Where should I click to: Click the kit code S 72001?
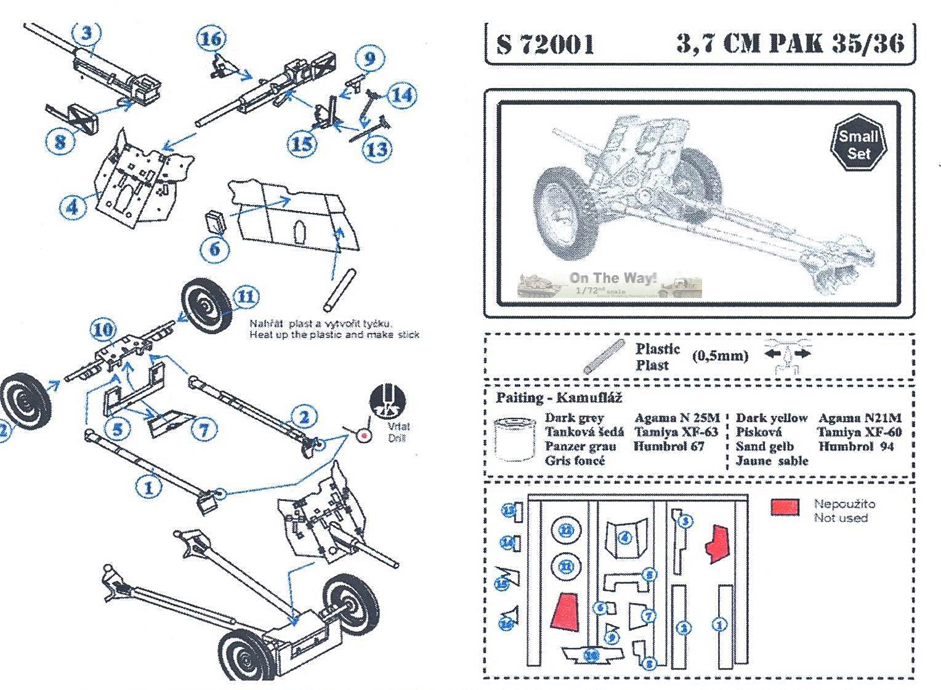tap(546, 44)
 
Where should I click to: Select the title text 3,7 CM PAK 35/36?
tap(790, 43)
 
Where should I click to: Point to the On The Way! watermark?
tap(612, 278)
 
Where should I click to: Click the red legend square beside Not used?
tap(785, 507)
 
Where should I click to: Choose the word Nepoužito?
tap(844, 503)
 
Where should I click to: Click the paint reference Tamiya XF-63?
tap(676, 432)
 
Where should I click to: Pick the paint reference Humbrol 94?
tap(856, 446)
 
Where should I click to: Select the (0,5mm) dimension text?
tap(719, 356)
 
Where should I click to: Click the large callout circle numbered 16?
tap(211, 39)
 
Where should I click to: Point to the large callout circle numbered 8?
tap(60, 142)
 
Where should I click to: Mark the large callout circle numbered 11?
tap(245, 297)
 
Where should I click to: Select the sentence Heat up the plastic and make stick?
tap(334, 335)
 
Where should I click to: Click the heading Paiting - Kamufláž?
tap(559, 398)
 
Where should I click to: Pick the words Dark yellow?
tap(771, 418)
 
